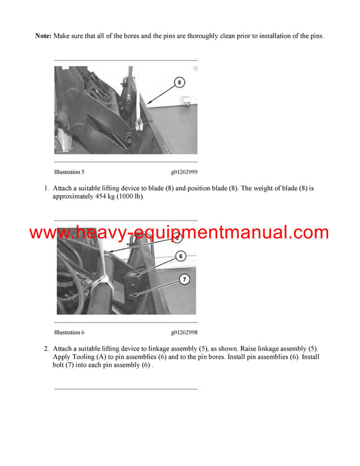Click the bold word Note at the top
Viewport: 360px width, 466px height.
tap(43, 36)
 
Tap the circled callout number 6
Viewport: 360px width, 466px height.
tap(180, 256)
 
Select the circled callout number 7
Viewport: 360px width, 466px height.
tap(184, 279)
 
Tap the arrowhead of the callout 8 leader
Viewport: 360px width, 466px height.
tap(147, 106)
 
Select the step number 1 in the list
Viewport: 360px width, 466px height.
tap(46, 189)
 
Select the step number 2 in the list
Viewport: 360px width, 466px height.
tap(46, 348)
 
